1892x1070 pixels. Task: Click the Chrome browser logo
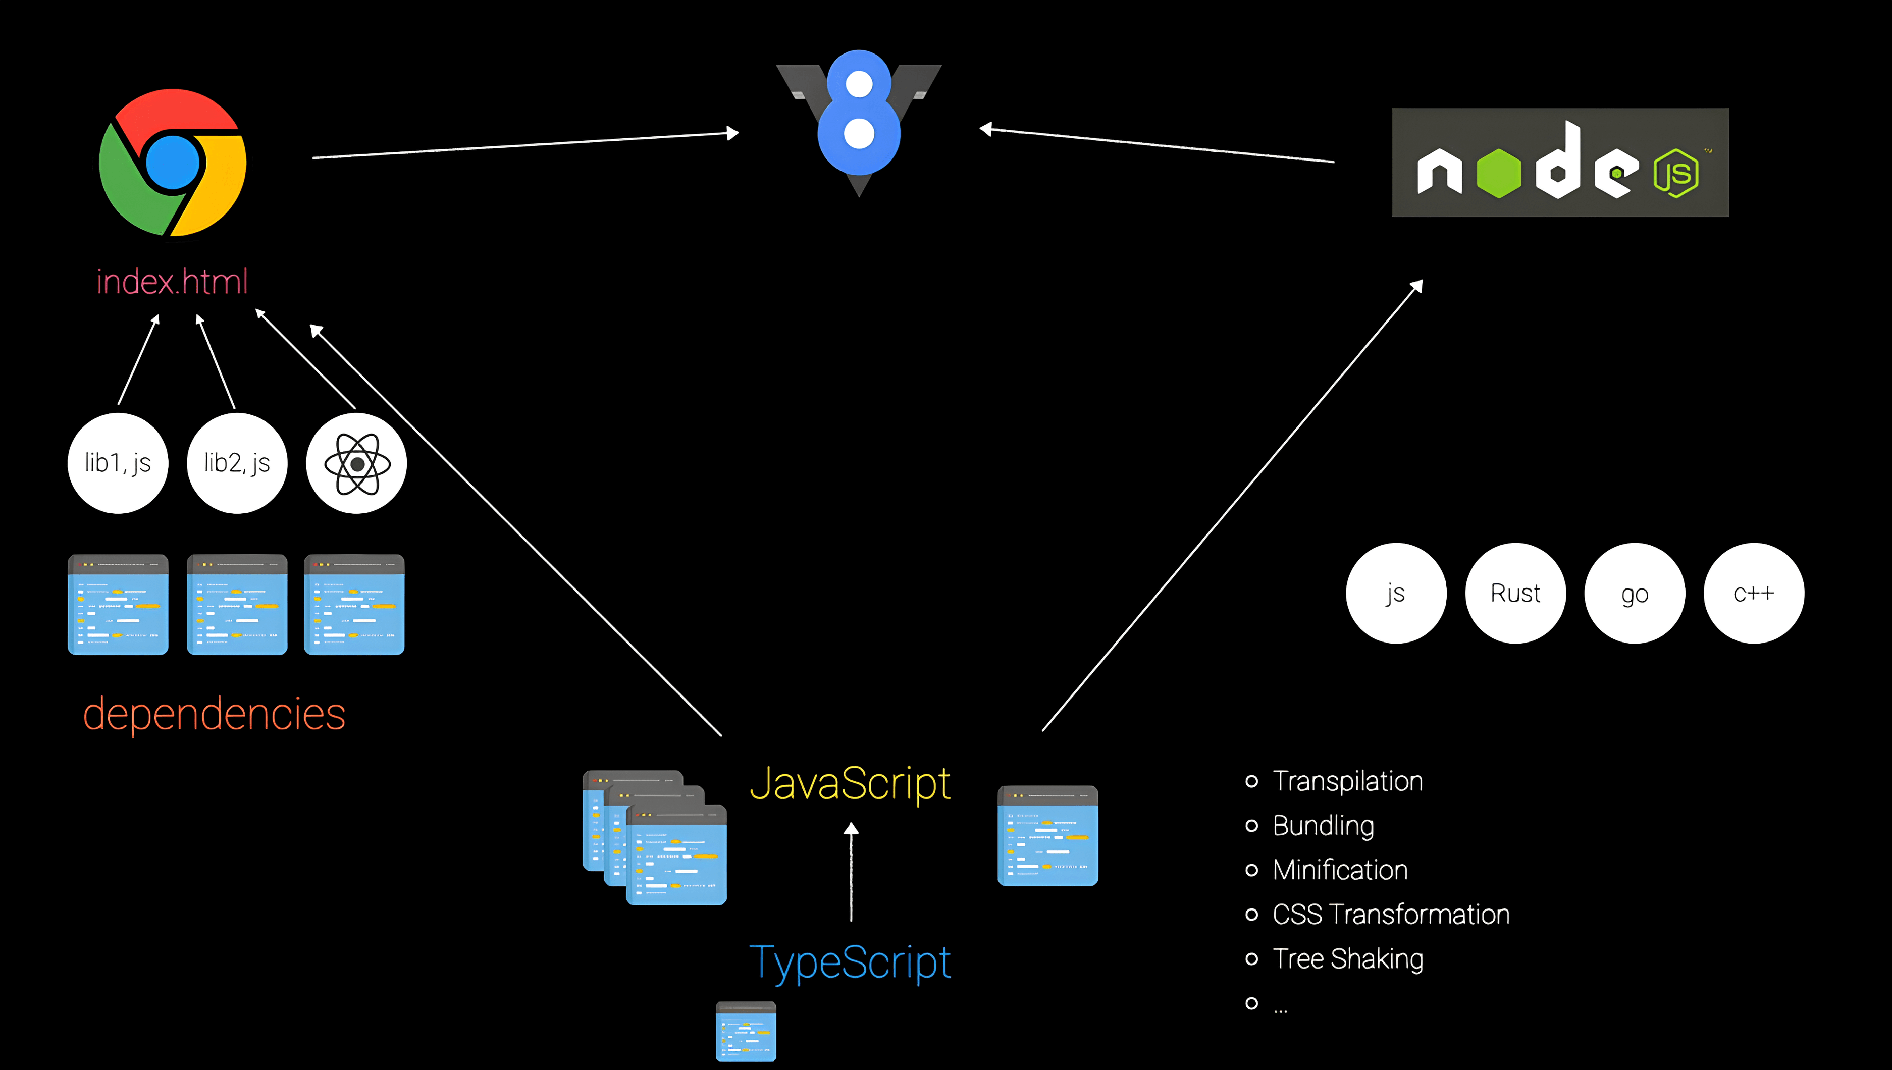(173, 163)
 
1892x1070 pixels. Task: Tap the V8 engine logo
(859, 118)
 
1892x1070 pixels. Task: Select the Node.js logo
(1560, 163)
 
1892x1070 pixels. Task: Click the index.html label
(172, 282)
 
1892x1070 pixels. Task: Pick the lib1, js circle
(118, 463)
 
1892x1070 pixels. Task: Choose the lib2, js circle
(237, 463)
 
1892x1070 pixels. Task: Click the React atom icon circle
(356, 463)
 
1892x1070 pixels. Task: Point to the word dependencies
(214, 714)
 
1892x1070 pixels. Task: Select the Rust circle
(1515, 593)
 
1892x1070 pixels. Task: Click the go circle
(1635, 593)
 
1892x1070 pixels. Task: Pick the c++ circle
(1754, 593)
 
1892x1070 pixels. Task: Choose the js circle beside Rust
(1396, 593)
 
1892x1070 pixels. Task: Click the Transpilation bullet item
(1347, 781)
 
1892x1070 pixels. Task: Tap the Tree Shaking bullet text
(1347, 959)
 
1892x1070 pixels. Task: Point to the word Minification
(1340, 870)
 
